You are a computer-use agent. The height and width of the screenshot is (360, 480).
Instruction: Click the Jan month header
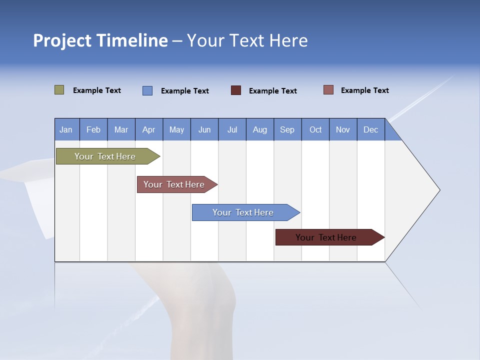[66, 129]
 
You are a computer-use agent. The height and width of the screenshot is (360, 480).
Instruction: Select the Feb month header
[93, 129]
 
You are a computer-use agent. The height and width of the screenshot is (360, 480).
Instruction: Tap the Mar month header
[121, 129]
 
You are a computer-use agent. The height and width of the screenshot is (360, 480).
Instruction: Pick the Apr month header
[149, 129]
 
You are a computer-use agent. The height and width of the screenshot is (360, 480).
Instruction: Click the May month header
[176, 129]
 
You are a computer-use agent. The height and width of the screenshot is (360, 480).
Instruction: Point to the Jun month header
[204, 129]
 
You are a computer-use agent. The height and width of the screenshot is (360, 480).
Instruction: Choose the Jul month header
[232, 129]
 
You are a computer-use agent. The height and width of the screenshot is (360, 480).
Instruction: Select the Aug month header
[260, 129]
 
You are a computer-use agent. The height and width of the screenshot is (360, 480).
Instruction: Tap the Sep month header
[287, 129]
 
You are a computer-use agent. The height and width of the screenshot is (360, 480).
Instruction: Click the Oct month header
[315, 129]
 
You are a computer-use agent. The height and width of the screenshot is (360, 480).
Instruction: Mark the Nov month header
[343, 129]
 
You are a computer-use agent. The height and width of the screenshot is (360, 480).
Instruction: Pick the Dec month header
[371, 129]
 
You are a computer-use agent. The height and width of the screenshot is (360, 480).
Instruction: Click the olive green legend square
[59, 90]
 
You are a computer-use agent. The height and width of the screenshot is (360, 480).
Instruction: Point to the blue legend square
[147, 90]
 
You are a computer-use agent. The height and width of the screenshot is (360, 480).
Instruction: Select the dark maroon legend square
[236, 90]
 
